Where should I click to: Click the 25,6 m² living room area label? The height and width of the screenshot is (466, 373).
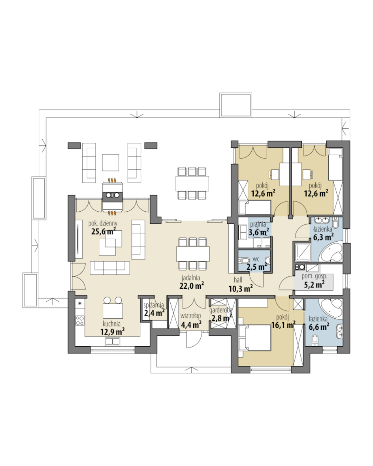pos(103,231)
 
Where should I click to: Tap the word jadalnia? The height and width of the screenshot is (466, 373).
pos(191,278)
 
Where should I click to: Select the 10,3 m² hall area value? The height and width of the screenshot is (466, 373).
pos(241,288)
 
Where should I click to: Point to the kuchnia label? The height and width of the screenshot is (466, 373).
pos(111,324)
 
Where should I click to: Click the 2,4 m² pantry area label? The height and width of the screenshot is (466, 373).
pos(154,313)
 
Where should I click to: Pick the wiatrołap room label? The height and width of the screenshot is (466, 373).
pos(191,316)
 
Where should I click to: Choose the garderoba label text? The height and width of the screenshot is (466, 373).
pos(221,310)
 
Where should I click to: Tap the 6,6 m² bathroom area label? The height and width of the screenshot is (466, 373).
pos(319,327)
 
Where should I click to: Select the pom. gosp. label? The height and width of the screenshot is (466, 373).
pos(314,276)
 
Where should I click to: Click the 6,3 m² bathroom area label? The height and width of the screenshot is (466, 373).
pos(323,237)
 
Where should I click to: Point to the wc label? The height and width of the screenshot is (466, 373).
pos(256,259)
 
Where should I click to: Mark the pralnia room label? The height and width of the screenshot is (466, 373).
pos(258,224)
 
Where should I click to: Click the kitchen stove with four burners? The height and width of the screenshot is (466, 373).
pos(80,320)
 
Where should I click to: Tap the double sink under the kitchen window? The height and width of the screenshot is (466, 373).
pos(113,342)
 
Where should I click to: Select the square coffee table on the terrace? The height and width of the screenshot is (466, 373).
pos(110,162)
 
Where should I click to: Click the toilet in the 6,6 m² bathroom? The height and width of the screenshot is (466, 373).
pos(315,340)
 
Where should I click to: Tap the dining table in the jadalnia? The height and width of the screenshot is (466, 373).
pos(193,254)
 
